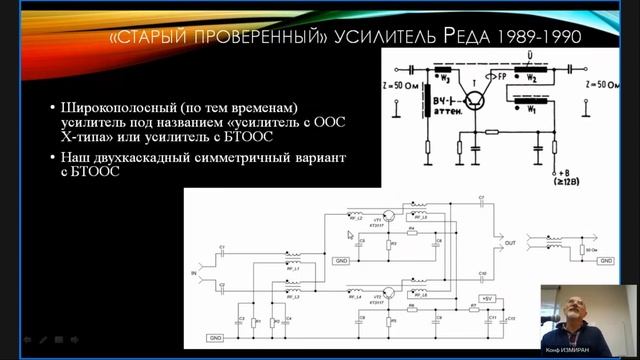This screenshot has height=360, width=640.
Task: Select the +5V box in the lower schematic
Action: (x=487, y=299)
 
